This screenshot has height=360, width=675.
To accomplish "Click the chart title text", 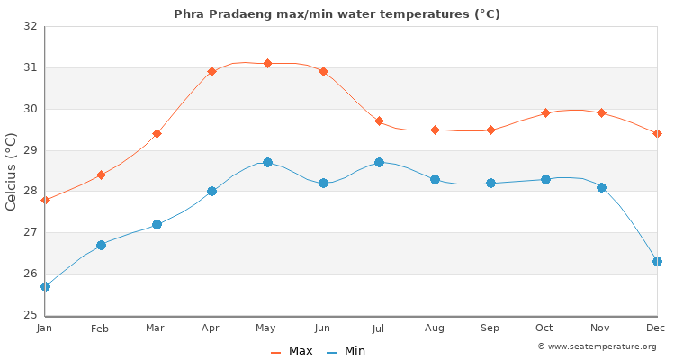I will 337,14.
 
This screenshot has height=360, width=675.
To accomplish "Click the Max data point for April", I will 212,71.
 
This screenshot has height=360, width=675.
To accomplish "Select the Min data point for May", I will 267,163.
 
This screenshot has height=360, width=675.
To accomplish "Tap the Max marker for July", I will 379,121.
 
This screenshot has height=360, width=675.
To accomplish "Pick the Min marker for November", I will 601,187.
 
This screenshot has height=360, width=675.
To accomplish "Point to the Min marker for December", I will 657,261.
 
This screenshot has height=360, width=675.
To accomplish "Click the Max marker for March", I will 157,133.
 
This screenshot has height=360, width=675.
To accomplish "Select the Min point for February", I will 101,245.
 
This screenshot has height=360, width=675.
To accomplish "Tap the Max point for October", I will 545,112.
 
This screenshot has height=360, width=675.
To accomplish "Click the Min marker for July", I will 379,163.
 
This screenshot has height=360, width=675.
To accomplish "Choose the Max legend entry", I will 292,351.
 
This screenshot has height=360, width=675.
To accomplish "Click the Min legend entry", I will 346,351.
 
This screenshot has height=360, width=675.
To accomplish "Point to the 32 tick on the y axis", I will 31,26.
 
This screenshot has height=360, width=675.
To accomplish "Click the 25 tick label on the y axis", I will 31,315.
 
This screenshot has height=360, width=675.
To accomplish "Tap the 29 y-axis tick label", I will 31,150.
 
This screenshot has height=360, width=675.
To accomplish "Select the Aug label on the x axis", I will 435,328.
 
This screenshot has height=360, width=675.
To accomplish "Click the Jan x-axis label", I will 45,328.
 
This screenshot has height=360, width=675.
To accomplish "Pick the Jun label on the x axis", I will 323,328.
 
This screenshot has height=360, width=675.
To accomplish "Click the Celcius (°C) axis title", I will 12,171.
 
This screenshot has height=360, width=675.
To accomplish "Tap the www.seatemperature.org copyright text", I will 597,346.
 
